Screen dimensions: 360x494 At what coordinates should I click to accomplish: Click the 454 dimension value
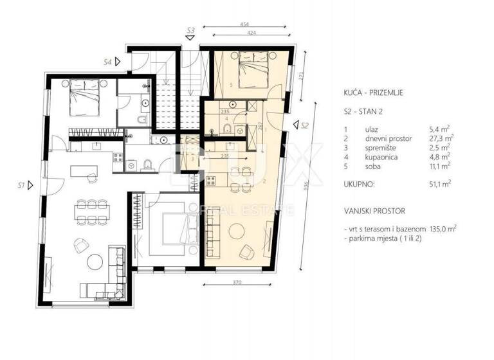pos(246,24)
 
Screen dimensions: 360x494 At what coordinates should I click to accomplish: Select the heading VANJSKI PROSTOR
pos(374,210)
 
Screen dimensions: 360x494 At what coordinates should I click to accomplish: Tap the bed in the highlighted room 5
pos(253,69)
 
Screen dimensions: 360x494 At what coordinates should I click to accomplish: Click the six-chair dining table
pos(91,214)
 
